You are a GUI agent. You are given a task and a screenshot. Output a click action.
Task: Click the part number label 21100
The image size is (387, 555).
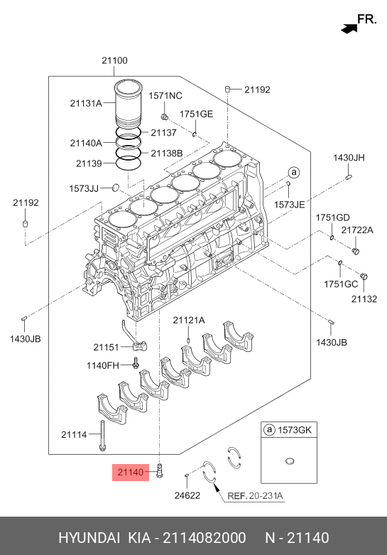coord(114,60)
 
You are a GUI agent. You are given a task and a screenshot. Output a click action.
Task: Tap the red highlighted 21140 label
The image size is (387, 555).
coord(131,472)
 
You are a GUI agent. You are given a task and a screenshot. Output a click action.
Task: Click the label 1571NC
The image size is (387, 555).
coord(165,95)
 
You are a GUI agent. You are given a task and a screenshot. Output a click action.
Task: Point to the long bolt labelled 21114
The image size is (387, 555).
coord(102,436)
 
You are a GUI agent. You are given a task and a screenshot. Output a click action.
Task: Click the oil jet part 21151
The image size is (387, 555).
coord(136,336)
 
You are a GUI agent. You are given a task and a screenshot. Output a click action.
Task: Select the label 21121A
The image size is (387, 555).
coord(189,320)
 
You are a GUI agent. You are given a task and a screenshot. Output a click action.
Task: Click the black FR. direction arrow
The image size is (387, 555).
coord(349,28)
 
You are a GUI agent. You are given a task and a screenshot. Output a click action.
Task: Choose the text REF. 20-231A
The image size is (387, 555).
coord(255,496)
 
